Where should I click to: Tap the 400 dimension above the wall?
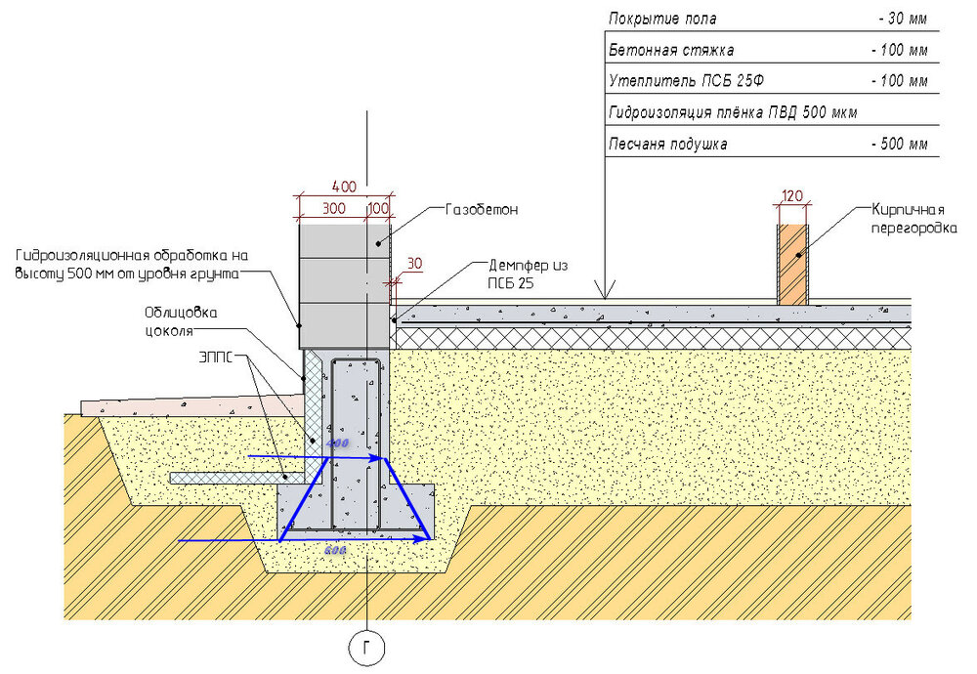pos(343,187)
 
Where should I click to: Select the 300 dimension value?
pos(333,208)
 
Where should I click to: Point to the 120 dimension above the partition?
pos(792,195)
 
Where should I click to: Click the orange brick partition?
pos(793,264)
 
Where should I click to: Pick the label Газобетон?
pos(481,209)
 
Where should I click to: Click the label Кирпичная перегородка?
pos(909,218)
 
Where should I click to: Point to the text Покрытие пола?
pos(662,19)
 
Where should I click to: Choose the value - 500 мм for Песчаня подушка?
pos(898,145)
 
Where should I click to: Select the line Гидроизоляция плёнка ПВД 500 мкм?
pos(732,112)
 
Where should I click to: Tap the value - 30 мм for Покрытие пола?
pos(902,19)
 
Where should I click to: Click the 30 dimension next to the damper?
pos(414,264)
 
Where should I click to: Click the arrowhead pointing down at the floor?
pos(606,292)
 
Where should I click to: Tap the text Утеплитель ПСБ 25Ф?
pos(680,81)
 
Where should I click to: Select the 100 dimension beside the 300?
pos(378,208)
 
